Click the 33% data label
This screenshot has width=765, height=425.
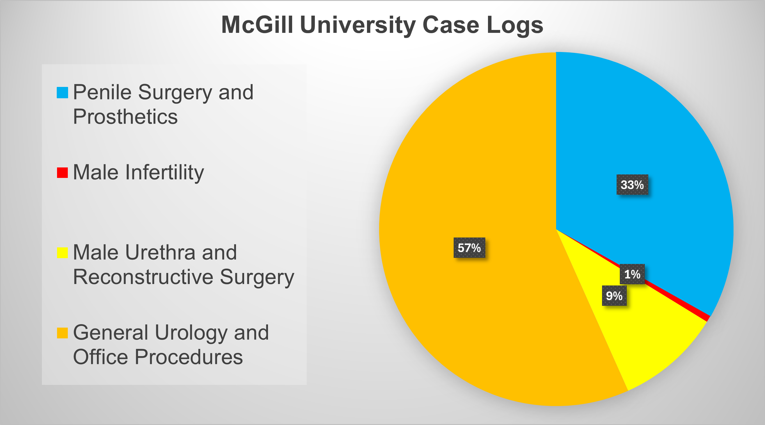632,185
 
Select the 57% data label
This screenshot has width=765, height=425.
469,248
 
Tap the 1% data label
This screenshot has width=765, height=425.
632,274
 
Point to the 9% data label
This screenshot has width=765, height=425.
614,296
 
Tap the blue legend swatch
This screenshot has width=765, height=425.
62,92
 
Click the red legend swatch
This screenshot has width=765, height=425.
62,173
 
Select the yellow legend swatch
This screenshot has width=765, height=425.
62,253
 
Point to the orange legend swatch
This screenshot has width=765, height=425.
62,333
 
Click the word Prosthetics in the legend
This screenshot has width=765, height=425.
125,117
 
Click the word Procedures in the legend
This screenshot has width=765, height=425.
189,357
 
